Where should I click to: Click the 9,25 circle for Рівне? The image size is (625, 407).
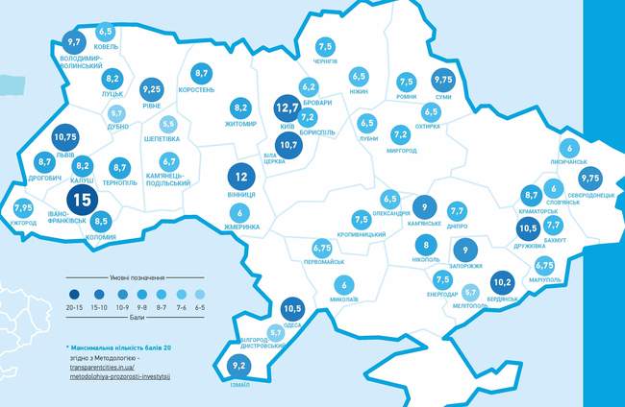151,89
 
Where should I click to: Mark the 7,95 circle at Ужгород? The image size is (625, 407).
24,208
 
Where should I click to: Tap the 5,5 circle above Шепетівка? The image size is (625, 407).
167,124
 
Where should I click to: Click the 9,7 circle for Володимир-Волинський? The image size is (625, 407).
72,42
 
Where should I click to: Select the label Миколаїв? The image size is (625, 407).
343,299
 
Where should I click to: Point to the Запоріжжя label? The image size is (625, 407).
465,266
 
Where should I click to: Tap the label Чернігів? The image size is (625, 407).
326,61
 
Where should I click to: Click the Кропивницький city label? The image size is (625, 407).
362,234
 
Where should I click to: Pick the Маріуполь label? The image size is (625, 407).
545,280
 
